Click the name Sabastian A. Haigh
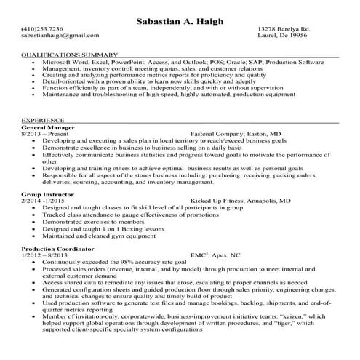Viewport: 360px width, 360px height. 179,21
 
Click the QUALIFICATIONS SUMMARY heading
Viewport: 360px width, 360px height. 70,55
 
